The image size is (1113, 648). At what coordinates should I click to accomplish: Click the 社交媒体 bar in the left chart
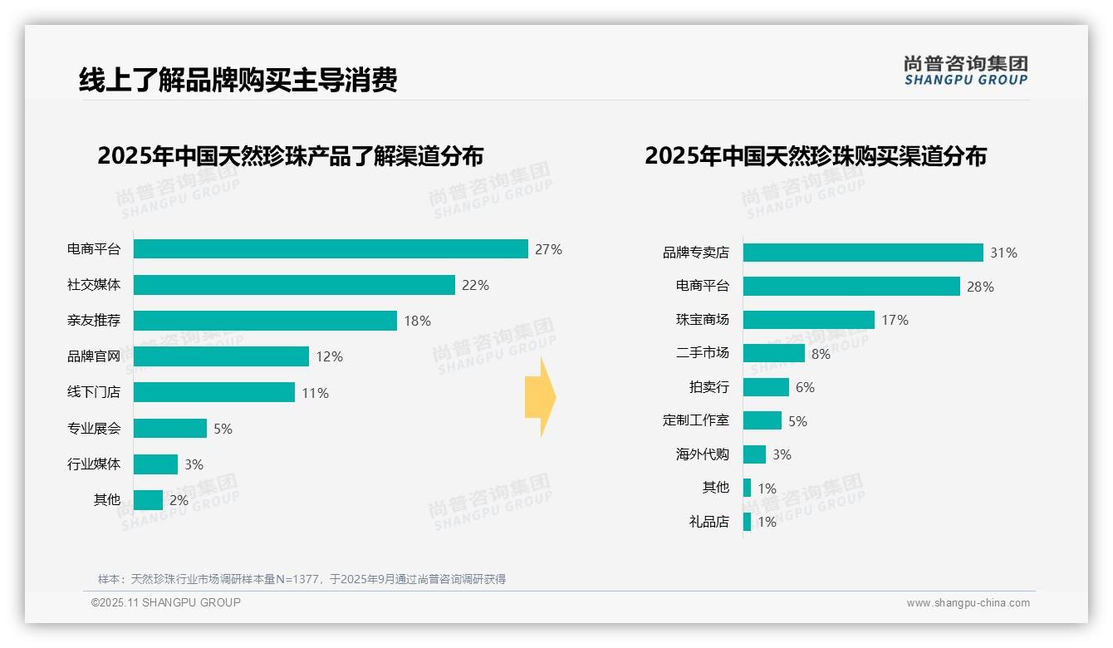[294, 285]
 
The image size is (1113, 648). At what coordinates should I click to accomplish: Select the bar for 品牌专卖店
[863, 253]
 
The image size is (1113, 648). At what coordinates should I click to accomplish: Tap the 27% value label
[548, 249]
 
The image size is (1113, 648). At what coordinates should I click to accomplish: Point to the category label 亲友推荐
[94, 321]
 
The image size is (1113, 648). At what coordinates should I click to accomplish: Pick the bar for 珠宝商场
[808, 320]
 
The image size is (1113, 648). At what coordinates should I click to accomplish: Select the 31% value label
[1003, 253]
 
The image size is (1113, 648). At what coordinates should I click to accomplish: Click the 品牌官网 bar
[221, 356]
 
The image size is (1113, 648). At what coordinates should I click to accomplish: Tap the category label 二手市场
[702, 353]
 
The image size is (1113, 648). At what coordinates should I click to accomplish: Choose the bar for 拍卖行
[766, 387]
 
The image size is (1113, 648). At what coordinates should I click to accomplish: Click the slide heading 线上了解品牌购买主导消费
[238, 80]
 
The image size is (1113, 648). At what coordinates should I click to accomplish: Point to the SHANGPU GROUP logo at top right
[965, 71]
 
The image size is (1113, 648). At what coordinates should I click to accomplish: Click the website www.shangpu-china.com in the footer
[968, 603]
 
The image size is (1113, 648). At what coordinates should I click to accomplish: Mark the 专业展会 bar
[170, 428]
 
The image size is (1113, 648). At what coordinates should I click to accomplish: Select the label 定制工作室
[695, 420]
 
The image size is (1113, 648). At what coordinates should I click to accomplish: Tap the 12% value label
[329, 356]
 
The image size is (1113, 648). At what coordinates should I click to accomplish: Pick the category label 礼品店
[708, 522]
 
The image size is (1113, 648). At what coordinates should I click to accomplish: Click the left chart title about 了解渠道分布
[290, 156]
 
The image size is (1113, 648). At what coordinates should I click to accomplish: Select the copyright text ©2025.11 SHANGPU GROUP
[166, 602]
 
